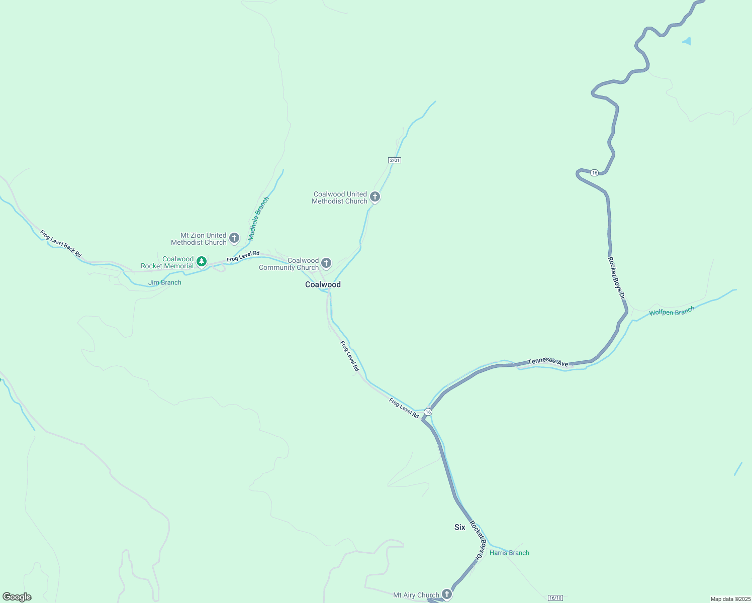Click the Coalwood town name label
(323, 284)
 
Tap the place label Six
(459, 527)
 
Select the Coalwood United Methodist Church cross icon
(374, 196)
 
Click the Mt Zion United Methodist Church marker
(234, 238)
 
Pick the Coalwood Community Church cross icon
(326, 263)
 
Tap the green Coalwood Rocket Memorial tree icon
(202, 261)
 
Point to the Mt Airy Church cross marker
(446, 594)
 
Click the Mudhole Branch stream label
(259, 218)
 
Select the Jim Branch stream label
(165, 282)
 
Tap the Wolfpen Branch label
(672, 312)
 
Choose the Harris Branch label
(509, 553)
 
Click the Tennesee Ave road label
(548, 362)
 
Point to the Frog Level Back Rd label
(61, 244)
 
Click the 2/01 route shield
(395, 160)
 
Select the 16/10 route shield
(555, 598)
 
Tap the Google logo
(17, 597)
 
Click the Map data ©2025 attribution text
(730, 599)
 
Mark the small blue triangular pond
(687, 41)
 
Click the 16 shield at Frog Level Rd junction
(428, 412)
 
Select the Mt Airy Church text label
(416, 595)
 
